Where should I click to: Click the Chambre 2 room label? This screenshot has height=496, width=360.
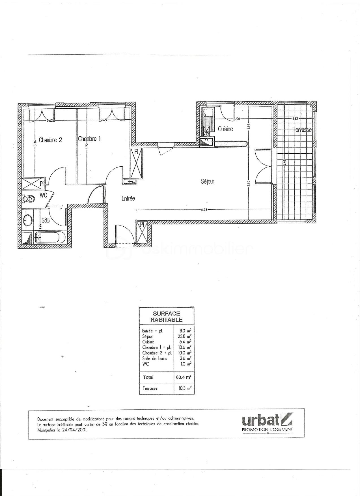[50, 140]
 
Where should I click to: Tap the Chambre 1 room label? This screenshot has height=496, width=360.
[89, 139]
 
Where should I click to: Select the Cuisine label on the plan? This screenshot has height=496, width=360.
[225, 129]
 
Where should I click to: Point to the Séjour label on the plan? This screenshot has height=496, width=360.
[208, 181]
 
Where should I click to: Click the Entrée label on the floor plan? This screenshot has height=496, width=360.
[128, 199]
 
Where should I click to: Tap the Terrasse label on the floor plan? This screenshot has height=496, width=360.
[302, 130]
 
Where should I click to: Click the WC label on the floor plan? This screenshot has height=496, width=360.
[43, 195]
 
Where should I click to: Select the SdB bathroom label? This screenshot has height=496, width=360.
[46, 220]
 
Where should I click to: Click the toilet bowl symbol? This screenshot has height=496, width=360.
[29, 199]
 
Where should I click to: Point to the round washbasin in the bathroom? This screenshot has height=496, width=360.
[28, 219]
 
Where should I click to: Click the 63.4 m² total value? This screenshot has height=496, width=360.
[184, 377]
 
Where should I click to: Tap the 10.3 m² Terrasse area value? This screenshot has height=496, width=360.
[184, 388]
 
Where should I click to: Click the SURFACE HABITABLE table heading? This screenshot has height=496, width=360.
[166, 317]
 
